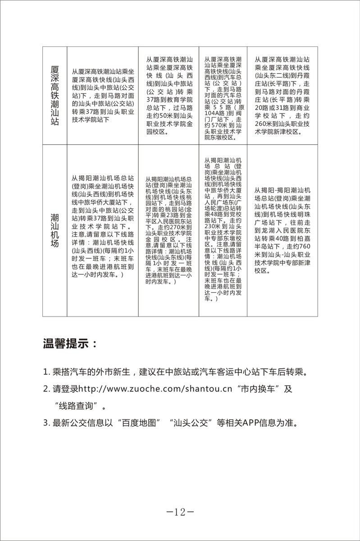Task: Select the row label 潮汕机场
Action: click(55, 230)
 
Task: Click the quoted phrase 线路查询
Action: click(79, 406)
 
